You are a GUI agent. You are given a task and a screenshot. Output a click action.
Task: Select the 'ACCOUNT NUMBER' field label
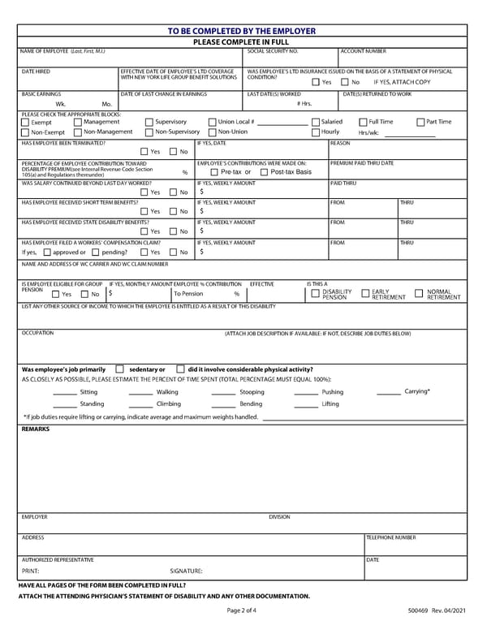pyautogui.click(x=363, y=51)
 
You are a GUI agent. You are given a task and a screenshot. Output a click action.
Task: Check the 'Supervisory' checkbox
pyautogui.click(x=149, y=122)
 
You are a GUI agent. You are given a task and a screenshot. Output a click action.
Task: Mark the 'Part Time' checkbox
pyautogui.click(x=420, y=122)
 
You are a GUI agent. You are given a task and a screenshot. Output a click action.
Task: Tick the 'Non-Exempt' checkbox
pyautogui.click(x=25, y=132)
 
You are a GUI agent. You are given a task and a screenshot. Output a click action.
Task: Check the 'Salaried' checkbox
pyautogui.click(x=316, y=122)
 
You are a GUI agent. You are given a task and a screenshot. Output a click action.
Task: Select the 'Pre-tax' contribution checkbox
pyautogui.click(x=214, y=172)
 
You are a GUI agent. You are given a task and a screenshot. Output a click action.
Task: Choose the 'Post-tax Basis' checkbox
pyautogui.click(x=265, y=172)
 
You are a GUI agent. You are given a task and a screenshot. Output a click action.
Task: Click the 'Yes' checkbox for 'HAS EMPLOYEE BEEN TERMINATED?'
pyautogui.click(x=144, y=152)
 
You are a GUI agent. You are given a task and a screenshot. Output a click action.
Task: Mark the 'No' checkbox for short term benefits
pyautogui.click(x=173, y=212)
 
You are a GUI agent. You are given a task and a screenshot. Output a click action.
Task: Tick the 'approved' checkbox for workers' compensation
pyautogui.click(x=46, y=252)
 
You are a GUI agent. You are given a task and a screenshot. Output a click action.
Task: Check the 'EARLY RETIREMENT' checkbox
pyautogui.click(x=365, y=293)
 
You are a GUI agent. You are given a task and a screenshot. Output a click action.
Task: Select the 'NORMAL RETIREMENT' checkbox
pyautogui.click(x=420, y=293)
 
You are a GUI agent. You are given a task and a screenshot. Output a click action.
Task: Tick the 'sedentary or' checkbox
pyautogui.click(x=120, y=369)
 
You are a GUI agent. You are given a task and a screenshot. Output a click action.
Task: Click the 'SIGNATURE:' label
pyautogui.click(x=186, y=572)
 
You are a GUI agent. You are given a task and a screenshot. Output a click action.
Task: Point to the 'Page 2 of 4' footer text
pyautogui.click(x=242, y=610)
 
